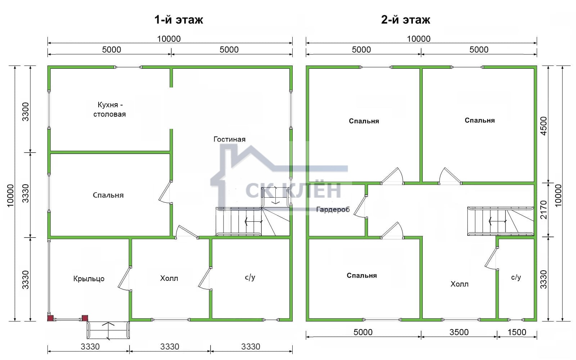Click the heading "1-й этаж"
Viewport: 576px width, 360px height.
point(179,20)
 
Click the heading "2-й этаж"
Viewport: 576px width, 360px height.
point(405,20)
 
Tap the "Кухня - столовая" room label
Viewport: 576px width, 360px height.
point(109,109)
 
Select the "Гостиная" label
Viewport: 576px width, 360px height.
point(229,139)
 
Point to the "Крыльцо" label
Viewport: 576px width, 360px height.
point(89,279)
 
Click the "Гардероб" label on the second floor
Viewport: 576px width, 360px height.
point(333,210)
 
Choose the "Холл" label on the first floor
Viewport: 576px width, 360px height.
point(169,278)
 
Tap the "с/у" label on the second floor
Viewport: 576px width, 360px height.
point(516,277)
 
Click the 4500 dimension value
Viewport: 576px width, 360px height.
point(543,126)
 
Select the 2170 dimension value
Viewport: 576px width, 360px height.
point(543,210)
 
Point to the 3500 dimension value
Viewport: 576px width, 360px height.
point(459,332)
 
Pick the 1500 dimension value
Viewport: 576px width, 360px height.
point(517,332)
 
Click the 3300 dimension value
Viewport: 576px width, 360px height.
point(26,112)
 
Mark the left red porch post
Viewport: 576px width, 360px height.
point(50,318)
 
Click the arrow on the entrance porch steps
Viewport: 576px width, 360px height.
point(108,331)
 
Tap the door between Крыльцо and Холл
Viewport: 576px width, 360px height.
point(124,279)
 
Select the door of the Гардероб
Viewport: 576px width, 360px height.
point(360,207)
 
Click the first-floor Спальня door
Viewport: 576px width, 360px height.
point(165,192)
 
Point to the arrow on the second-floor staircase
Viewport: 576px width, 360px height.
point(498,221)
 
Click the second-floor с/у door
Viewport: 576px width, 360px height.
point(491,258)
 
